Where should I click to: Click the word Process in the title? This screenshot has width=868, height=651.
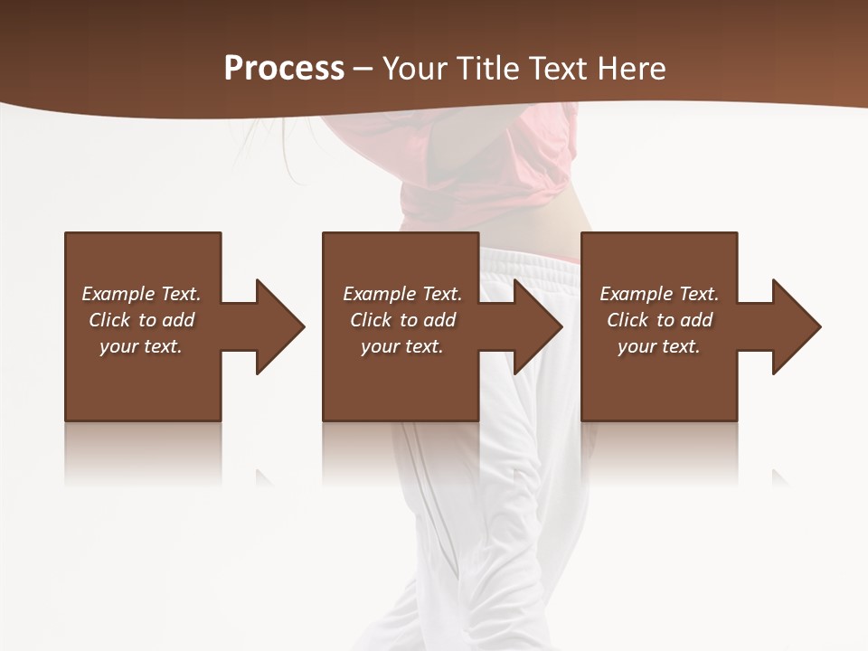point(284,69)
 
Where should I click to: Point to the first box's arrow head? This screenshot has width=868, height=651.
point(280,326)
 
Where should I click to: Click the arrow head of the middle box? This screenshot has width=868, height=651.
point(538,326)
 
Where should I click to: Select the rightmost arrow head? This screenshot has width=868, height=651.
point(797,326)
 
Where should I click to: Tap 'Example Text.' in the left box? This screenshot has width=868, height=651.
point(141,294)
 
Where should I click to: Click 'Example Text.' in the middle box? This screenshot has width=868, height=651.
point(401,294)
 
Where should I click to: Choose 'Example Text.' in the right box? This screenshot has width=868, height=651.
point(659,294)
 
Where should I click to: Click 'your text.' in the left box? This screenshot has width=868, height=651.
point(141,346)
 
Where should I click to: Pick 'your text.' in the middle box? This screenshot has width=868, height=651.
point(401,346)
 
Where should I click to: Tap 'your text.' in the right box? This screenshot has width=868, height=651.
point(659,346)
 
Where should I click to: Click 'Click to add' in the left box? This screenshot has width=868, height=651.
point(141,320)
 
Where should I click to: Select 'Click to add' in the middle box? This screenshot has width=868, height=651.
point(401,320)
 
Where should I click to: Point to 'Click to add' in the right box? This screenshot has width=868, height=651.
point(659,320)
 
